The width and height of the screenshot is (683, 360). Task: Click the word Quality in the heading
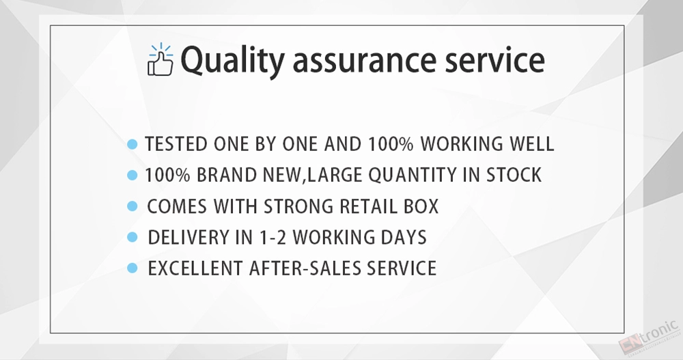click(x=233, y=61)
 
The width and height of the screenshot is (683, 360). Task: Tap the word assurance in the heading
click(x=364, y=61)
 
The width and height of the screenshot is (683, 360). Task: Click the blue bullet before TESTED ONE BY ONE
click(x=133, y=144)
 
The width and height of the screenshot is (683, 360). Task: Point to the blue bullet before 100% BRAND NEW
click(x=133, y=175)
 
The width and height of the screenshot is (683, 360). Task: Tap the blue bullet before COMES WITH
click(x=133, y=206)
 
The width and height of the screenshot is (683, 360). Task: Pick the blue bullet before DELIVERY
click(x=133, y=237)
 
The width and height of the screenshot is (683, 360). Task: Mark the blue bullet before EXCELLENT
click(x=133, y=268)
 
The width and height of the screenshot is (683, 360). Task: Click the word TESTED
click(x=176, y=144)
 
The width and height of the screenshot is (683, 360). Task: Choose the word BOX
click(x=421, y=206)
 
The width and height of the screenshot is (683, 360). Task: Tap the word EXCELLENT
click(x=195, y=268)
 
